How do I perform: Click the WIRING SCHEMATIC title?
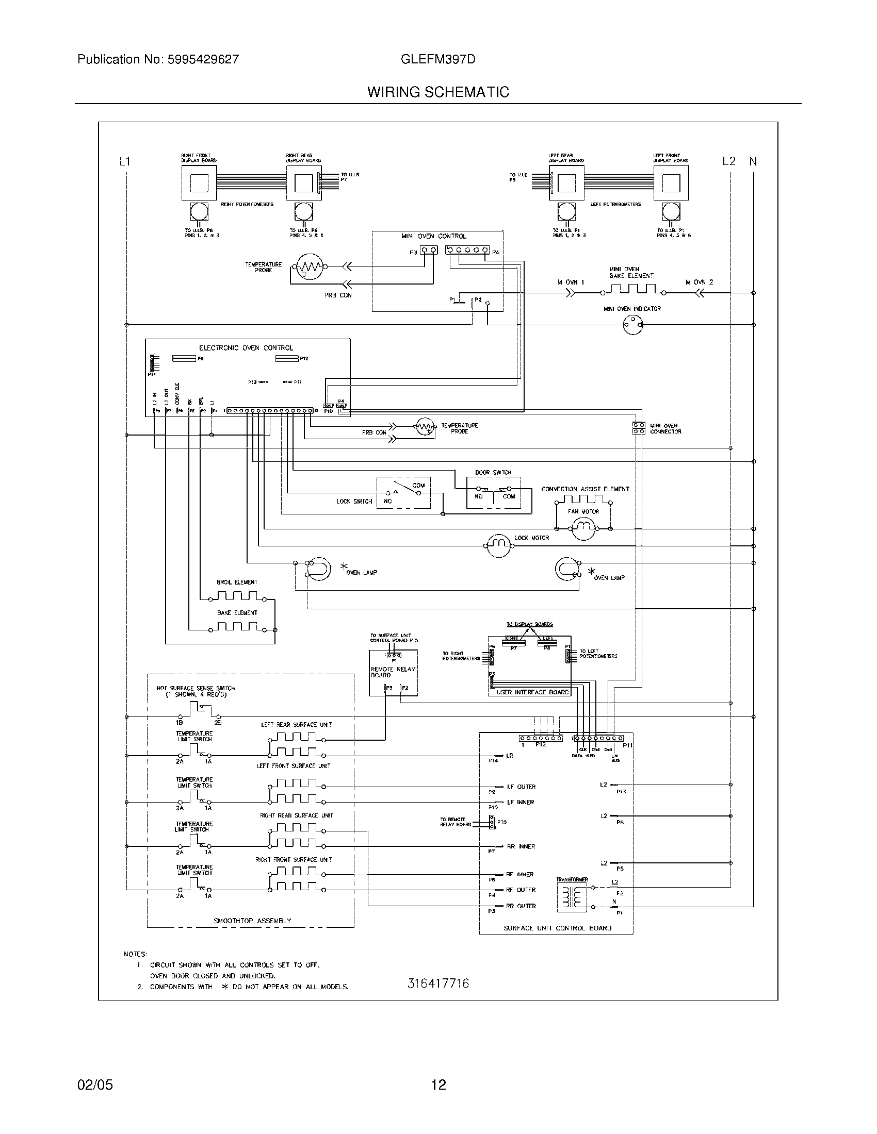[x=438, y=92]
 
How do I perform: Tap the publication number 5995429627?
[x=203, y=59]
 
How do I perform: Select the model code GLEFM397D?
[x=438, y=59]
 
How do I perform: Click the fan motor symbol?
[x=583, y=528]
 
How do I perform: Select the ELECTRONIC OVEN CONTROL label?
[x=246, y=348]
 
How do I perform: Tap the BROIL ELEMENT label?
[x=237, y=582]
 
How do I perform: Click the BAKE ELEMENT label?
[x=237, y=613]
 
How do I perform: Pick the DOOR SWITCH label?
[x=493, y=473]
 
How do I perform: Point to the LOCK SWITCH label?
[x=354, y=501]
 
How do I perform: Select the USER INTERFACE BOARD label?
[x=532, y=692]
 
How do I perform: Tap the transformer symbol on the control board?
[x=572, y=897]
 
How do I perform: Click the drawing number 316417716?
[x=438, y=983]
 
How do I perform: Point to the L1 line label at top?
[x=124, y=161]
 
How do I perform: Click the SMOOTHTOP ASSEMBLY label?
[x=252, y=921]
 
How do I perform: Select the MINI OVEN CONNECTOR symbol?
[x=639, y=428]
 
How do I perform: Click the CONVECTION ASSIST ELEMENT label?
[x=585, y=489]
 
